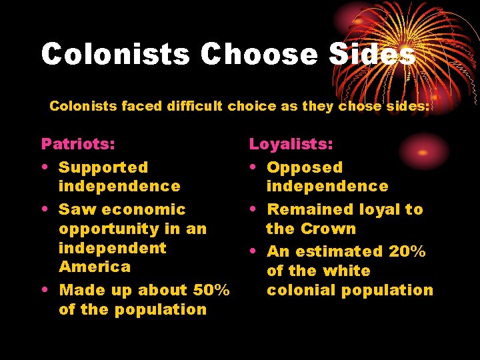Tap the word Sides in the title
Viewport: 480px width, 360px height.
click(x=372, y=54)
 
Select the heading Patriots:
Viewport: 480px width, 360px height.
click(x=78, y=144)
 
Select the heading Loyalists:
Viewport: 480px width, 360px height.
click(x=291, y=144)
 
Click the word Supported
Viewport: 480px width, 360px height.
click(x=103, y=167)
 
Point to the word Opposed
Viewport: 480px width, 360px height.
click(x=305, y=167)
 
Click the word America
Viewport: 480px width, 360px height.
click(x=95, y=267)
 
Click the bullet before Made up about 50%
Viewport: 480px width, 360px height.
click(x=44, y=291)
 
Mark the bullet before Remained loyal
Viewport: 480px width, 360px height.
click(x=253, y=210)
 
